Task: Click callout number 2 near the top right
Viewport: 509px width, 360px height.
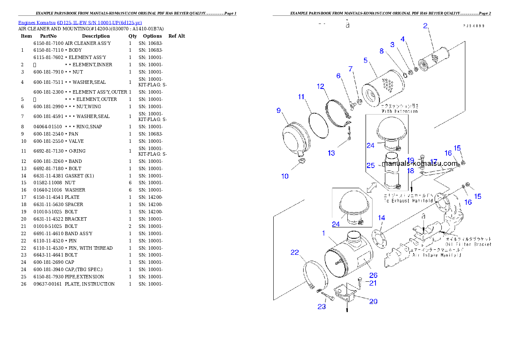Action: pyautogui.click(x=425, y=26)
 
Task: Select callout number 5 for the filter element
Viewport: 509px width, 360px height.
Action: pyautogui.click(x=366, y=60)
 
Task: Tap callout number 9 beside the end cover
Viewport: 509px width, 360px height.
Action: pyautogui.click(x=278, y=111)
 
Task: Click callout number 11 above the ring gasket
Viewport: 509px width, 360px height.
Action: pyautogui.click(x=301, y=97)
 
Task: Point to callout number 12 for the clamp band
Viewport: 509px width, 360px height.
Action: pyautogui.click(x=321, y=87)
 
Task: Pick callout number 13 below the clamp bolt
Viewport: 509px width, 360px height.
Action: pyautogui.click(x=331, y=153)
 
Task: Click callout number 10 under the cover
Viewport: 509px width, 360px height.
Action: pyautogui.click(x=285, y=176)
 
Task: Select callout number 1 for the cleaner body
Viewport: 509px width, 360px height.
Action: pyautogui.click(x=324, y=233)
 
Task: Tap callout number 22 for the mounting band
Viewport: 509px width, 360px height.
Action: pyautogui.click(x=295, y=253)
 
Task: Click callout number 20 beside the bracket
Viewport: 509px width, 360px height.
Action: pyautogui.click(x=373, y=301)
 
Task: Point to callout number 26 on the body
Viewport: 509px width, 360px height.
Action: pyautogui.click(x=373, y=275)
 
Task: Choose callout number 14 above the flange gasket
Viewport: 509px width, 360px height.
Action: pyautogui.click(x=382, y=218)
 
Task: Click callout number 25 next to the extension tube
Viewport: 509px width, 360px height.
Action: pyautogui.click(x=370, y=165)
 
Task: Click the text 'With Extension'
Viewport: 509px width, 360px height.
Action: pyautogui.click(x=400, y=111)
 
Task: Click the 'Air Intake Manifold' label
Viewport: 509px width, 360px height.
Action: pyautogui.click(x=436, y=255)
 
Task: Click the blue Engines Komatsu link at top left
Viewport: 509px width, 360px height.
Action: pyautogui.click(x=80, y=23)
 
